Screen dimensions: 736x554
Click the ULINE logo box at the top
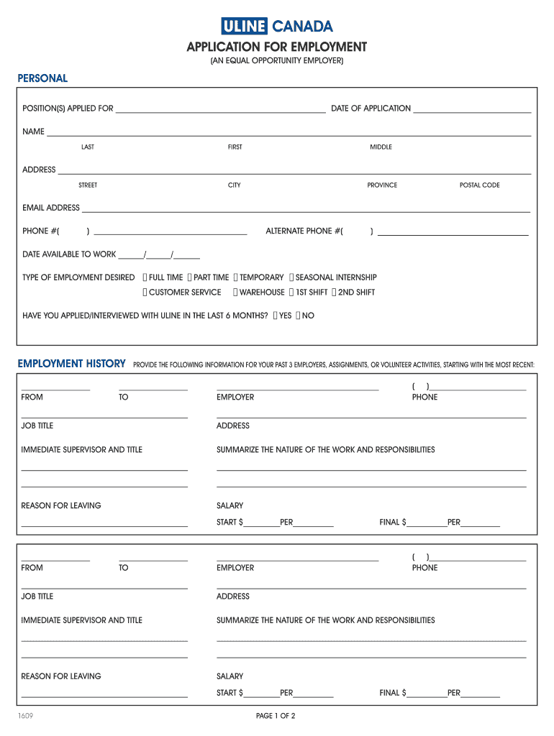[244, 27]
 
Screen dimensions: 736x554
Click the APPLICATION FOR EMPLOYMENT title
[277, 47]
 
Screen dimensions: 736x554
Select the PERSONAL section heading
[42, 78]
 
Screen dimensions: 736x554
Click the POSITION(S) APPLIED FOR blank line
[220, 109]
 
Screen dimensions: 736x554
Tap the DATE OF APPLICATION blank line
[472, 109]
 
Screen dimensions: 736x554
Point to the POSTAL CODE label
[479, 185]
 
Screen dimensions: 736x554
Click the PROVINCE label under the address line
[382, 185]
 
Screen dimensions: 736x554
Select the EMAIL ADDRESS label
[51, 208]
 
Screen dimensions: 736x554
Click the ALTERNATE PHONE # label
[303, 231]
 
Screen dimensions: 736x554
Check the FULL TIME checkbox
[145, 277]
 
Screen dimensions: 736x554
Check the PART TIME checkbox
[189, 277]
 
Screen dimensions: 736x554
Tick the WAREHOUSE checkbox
[235, 293]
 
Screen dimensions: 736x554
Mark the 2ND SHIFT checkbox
[334, 293]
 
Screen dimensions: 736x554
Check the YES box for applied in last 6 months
[276, 316]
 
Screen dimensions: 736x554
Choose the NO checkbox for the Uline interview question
[299, 316]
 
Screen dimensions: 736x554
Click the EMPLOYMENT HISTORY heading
[71, 364]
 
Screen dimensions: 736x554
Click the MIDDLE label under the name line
[381, 147]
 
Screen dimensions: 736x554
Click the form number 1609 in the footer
[27, 716]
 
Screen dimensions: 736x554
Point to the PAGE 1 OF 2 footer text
[276, 716]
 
